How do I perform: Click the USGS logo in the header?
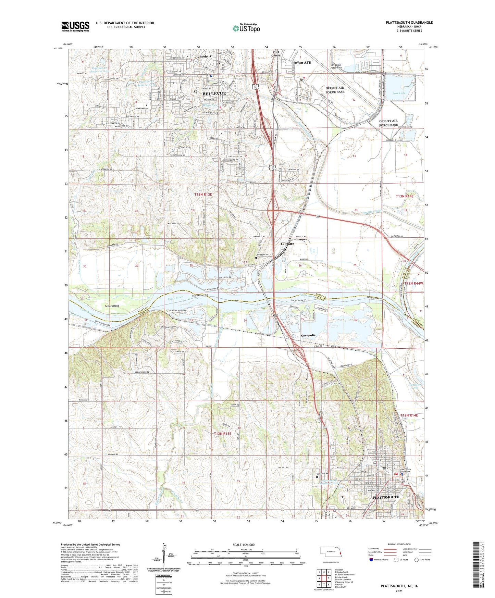75,26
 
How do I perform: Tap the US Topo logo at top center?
246,28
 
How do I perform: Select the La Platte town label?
287,244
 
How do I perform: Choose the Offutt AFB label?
302,63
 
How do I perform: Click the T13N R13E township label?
203,195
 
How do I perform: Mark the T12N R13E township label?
223,434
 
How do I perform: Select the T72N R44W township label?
414,284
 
